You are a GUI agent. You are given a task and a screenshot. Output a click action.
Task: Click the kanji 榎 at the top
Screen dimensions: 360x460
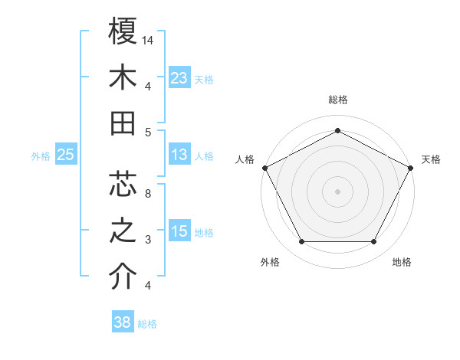point(123,31)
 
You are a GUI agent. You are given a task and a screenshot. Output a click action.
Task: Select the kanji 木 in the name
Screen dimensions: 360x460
point(123,78)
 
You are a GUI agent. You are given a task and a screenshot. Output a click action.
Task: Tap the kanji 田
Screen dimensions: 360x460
point(123,123)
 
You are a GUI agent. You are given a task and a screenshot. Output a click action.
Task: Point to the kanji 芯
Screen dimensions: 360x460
point(123,184)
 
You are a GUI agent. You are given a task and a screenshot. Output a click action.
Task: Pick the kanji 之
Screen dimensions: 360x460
point(123,231)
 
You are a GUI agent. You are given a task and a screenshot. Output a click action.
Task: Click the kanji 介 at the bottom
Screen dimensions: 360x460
point(123,277)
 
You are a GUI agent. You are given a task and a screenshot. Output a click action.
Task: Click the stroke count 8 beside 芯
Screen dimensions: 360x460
point(148,193)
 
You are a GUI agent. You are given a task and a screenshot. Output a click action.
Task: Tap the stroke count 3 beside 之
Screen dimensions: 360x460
point(148,240)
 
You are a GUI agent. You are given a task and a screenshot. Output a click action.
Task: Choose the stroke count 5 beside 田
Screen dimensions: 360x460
point(148,132)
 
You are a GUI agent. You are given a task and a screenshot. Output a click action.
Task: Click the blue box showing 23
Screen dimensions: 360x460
point(179,78)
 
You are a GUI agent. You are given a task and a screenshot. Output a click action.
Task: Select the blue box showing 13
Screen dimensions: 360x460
point(179,155)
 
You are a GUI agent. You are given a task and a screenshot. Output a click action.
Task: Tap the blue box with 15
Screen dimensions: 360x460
point(179,231)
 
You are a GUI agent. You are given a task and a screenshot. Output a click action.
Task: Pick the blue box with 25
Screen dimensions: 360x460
point(65,155)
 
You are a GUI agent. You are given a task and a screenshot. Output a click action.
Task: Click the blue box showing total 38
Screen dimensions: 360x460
point(123,322)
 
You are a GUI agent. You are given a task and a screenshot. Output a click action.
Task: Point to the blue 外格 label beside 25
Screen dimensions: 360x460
point(41,156)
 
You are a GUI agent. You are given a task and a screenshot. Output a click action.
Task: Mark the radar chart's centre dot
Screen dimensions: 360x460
point(337,191)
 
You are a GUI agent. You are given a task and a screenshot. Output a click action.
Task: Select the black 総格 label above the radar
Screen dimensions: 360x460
point(337,100)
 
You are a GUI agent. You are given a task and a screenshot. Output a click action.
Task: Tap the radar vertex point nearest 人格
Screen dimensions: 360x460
point(264,167)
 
